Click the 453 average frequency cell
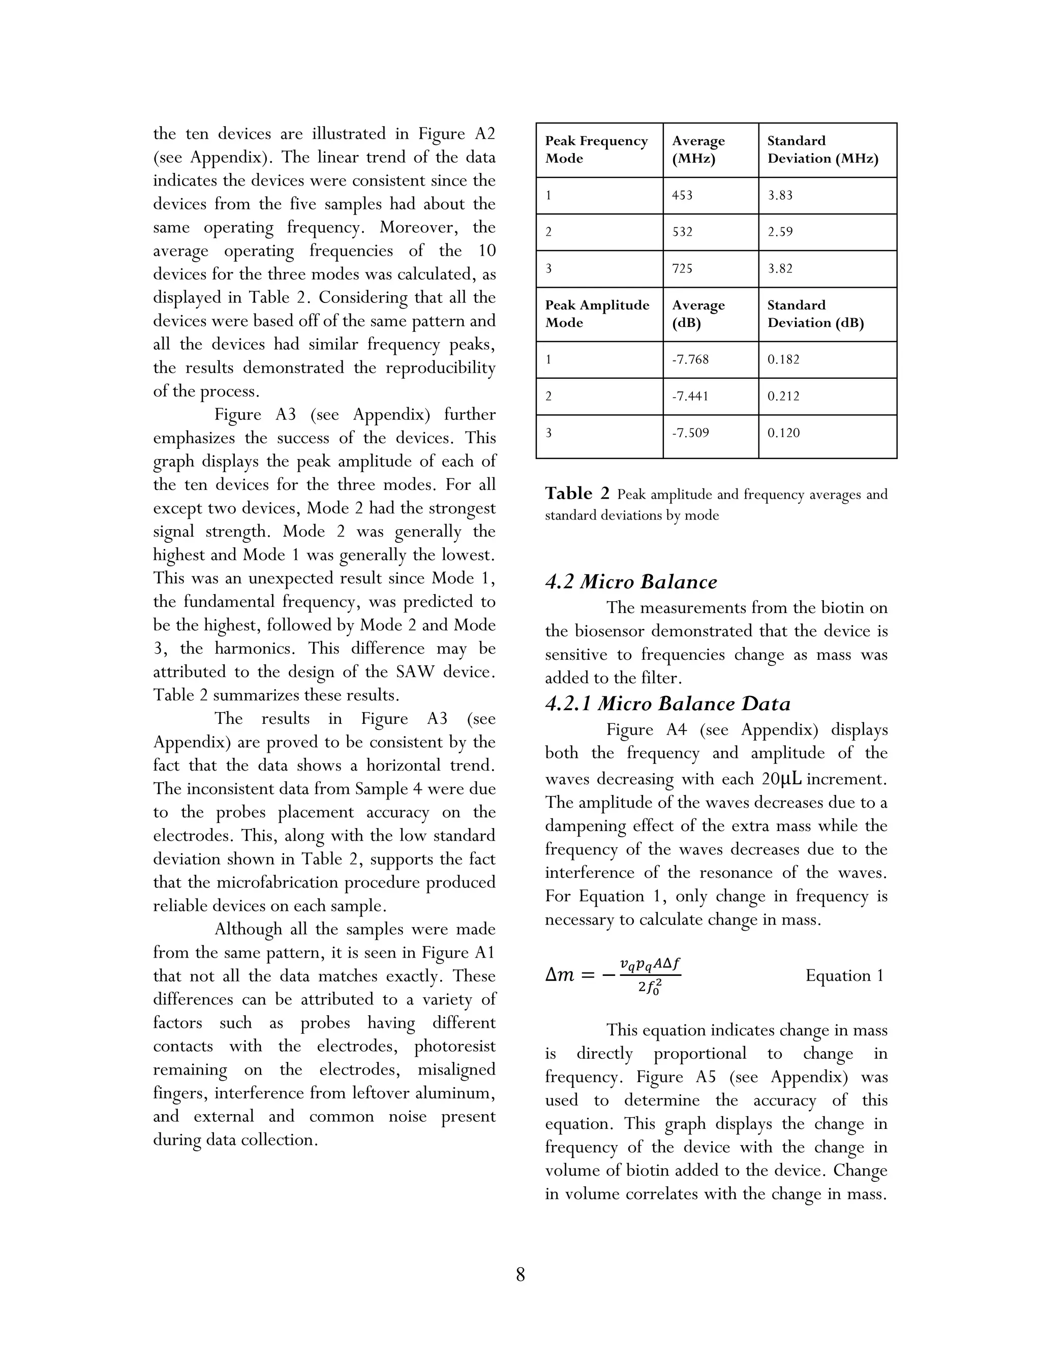(x=682, y=196)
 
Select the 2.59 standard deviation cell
(x=780, y=232)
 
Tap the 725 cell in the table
(x=682, y=268)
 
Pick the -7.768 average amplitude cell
(x=690, y=359)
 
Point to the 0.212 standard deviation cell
(x=783, y=396)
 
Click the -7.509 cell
(x=690, y=433)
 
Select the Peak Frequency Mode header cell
(x=596, y=150)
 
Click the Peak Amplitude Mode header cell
(x=596, y=314)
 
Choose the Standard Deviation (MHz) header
(x=822, y=150)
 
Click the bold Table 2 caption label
(x=576, y=494)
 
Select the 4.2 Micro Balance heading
(x=631, y=581)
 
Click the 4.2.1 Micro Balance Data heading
(x=667, y=703)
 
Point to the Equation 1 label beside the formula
(x=844, y=975)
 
